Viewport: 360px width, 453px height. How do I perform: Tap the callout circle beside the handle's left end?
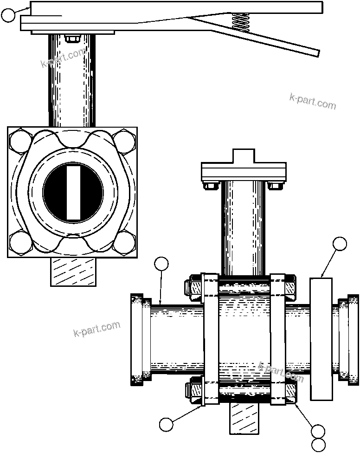(x=8, y=15)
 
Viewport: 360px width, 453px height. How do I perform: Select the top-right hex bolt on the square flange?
(x=124, y=141)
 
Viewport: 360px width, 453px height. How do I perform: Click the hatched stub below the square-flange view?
(x=73, y=272)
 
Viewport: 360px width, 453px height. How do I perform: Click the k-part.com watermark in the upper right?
(x=312, y=102)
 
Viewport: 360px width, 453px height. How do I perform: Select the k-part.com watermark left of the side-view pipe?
(x=97, y=329)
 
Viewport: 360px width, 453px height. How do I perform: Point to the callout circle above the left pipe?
(x=161, y=264)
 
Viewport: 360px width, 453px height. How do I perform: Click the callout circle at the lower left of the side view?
(x=166, y=424)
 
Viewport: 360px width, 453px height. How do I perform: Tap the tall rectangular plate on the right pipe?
(x=321, y=339)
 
